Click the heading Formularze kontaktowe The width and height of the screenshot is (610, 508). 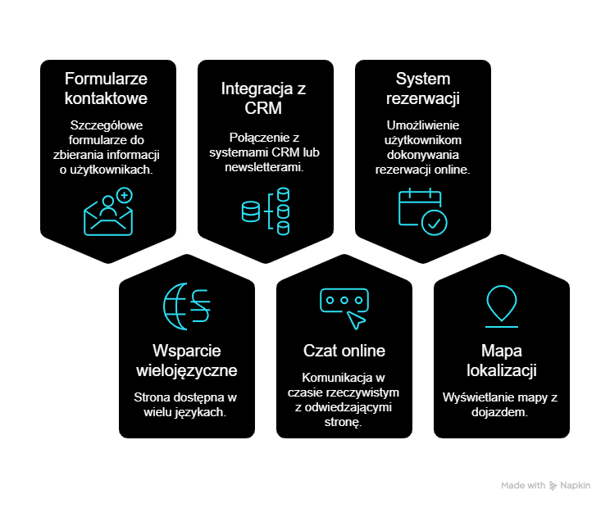pyautogui.click(x=107, y=88)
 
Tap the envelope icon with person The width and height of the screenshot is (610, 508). pyautogui.click(x=107, y=213)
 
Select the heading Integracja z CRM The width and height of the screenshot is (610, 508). pyautogui.click(x=263, y=98)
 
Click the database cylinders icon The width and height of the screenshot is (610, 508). pyautogui.click(x=266, y=211)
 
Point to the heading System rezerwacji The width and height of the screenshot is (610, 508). pyautogui.click(x=422, y=88)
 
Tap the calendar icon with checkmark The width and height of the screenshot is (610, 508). pyautogui.click(x=422, y=211)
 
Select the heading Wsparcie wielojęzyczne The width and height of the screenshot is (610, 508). pyautogui.click(x=186, y=361)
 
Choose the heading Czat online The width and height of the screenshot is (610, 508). pyautogui.click(x=344, y=351)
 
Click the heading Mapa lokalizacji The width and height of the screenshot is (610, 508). pyautogui.click(x=502, y=361)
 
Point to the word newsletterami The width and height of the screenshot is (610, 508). pyautogui.click(x=263, y=167)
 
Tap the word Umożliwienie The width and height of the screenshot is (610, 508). pyautogui.click(x=422, y=125)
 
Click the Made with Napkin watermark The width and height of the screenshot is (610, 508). pyautogui.click(x=545, y=485)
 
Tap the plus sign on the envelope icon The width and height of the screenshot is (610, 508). pyautogui.click(x=124, y=195)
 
